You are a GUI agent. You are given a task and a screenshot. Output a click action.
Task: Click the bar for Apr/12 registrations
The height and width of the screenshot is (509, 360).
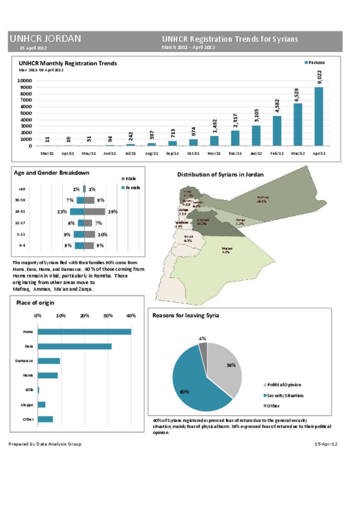tap(319, 116)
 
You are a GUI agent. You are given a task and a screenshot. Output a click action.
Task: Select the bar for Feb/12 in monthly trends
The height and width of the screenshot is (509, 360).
tap(277, 131)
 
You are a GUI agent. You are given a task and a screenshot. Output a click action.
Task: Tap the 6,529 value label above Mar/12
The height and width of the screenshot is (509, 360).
tap(297, 95)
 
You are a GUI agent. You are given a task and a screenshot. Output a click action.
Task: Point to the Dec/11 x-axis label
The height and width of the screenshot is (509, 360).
tap(235, 154)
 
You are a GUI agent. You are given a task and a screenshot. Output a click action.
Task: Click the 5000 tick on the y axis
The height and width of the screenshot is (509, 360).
tap(25, 113)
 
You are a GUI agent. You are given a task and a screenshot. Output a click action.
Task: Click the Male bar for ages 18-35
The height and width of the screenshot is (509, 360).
tap(95, 212)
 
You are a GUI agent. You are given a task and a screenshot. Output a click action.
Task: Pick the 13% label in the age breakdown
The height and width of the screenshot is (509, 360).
tap(62, 212)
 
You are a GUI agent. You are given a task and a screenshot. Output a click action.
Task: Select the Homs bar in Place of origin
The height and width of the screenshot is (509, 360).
tap(84, 332)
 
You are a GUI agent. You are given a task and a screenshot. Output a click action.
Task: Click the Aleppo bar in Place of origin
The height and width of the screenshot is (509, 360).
tap(41, 405)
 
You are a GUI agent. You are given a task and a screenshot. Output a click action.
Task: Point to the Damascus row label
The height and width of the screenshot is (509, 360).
tap(24, 361)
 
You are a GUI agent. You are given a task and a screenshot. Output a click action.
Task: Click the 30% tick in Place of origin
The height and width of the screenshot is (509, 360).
tap(108, 316)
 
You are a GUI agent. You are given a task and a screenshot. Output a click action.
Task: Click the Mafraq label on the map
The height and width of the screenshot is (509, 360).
tap(262, 199)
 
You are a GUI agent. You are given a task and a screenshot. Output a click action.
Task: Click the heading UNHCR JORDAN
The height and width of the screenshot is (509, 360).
tap(45, 39)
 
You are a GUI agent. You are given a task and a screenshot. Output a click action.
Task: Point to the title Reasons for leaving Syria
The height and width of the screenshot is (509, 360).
tap(186, 315)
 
